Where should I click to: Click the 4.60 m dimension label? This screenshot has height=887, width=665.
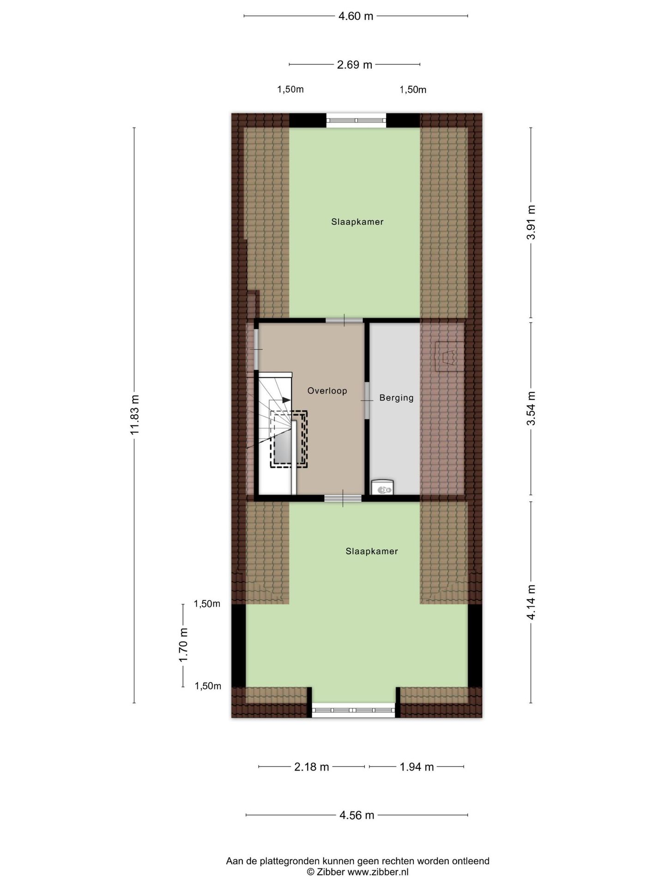coord(355,16)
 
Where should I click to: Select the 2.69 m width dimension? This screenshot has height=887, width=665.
coord(354,65)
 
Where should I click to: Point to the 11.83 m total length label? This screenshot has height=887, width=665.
coord(134,415)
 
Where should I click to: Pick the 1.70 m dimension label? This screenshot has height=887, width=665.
coord(183,644)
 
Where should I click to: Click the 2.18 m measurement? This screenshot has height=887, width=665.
coord(312,767)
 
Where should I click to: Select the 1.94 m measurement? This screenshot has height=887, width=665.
coord(417,767)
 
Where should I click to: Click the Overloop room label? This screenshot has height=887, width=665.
coord(327,391)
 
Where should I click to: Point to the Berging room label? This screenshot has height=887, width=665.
coord(396,398)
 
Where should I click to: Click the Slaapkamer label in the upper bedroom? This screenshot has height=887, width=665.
coord(357,222)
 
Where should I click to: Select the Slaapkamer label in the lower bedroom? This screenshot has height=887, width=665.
coord(371,551)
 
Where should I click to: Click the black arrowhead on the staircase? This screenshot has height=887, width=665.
coord(286,400)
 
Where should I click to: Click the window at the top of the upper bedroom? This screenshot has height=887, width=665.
coord(356,121)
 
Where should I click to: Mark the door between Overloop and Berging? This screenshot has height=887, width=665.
coord(367,400)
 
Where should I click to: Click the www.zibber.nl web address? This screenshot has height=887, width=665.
coord(378,872)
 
